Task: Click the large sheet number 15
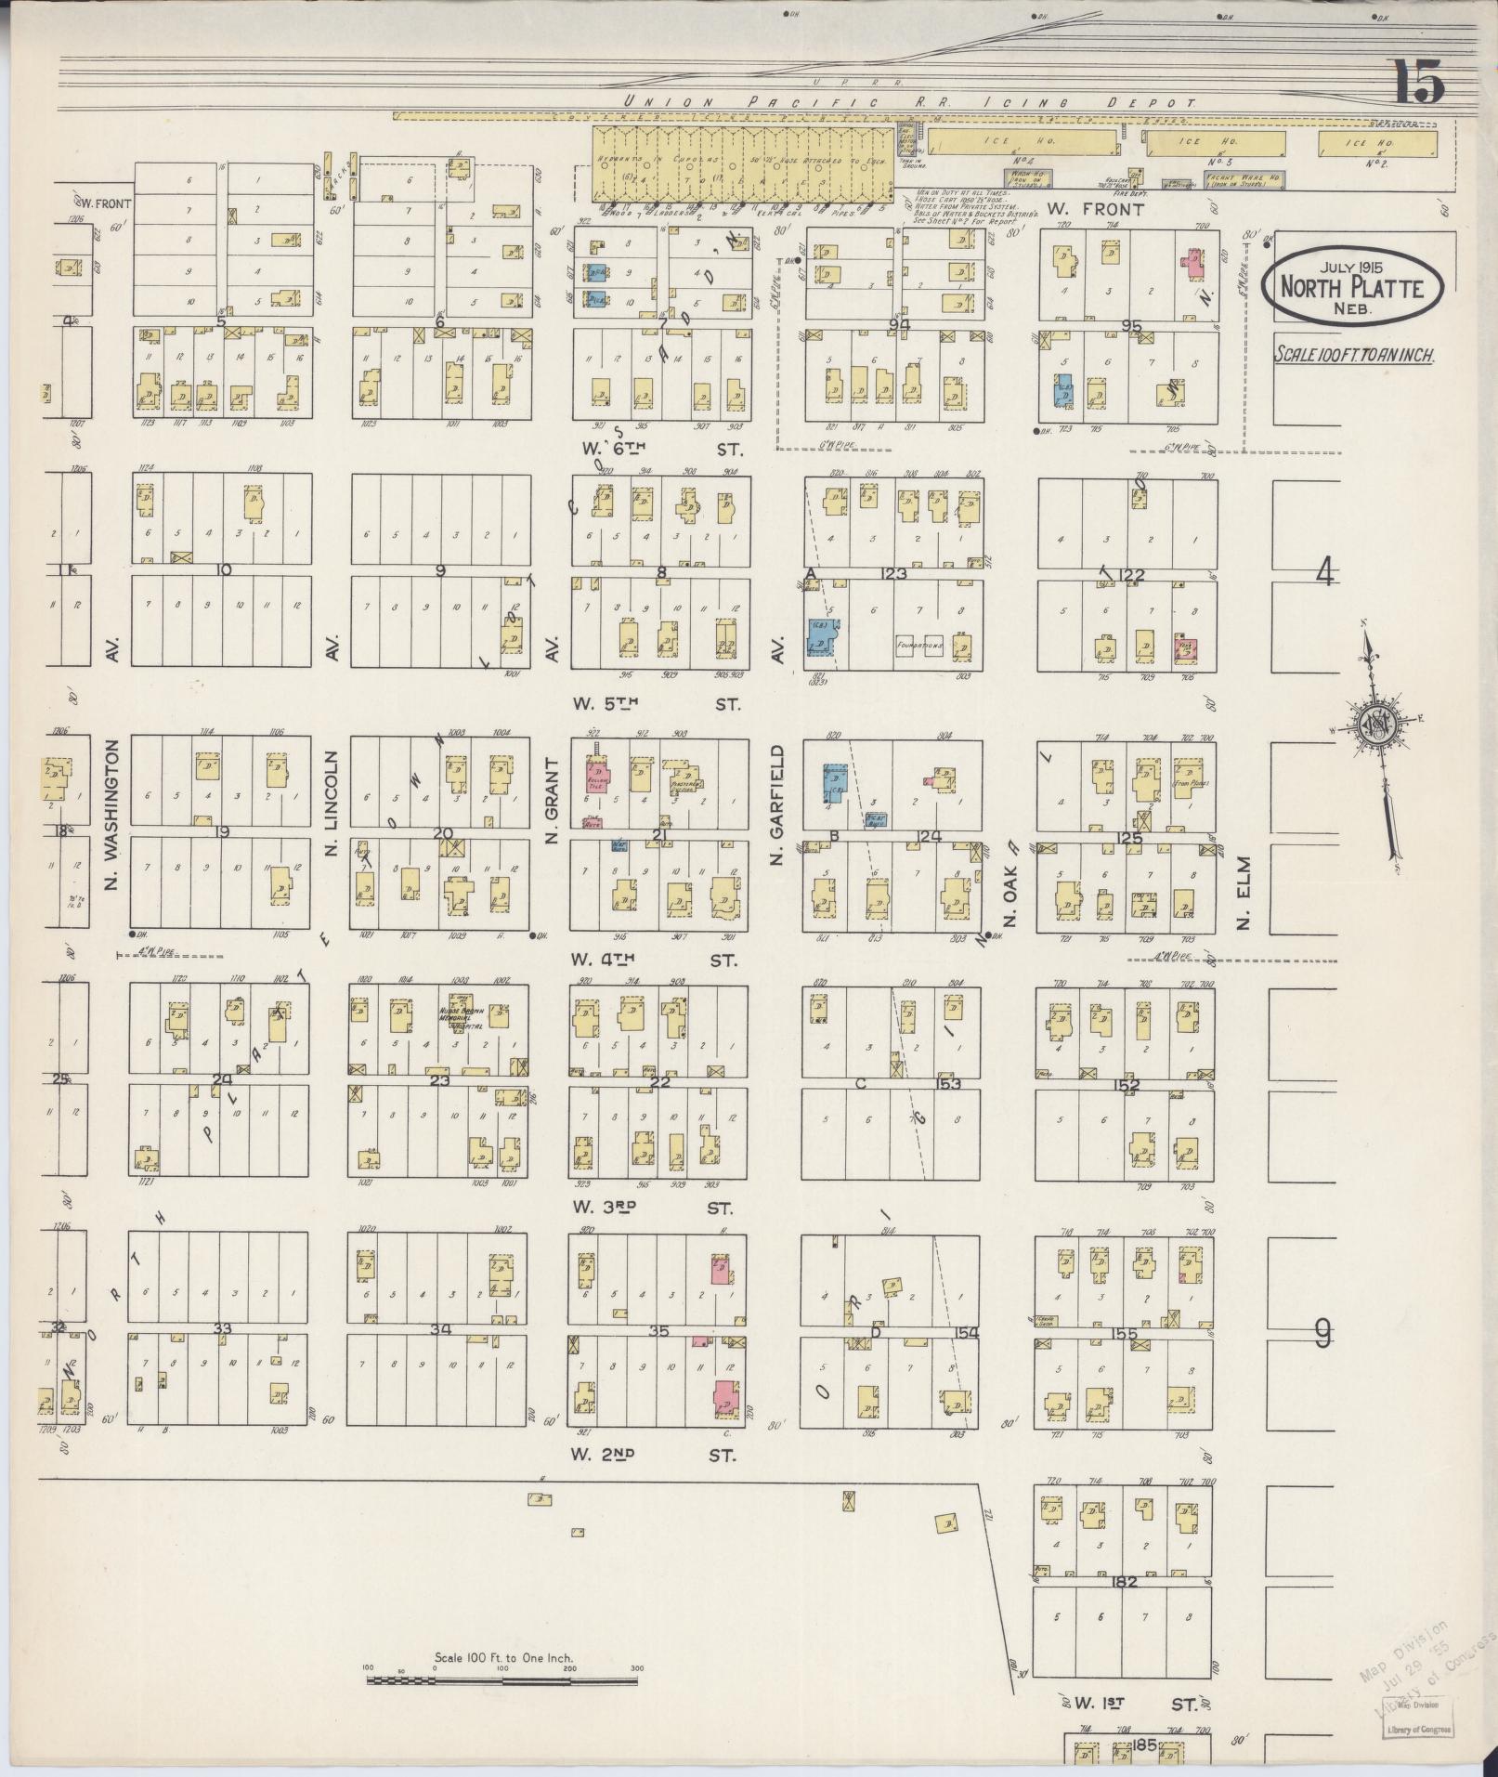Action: (1417, 83)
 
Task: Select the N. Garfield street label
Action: (776, 804)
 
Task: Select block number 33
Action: (221, 1329)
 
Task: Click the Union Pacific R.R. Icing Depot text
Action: (910, 102)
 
